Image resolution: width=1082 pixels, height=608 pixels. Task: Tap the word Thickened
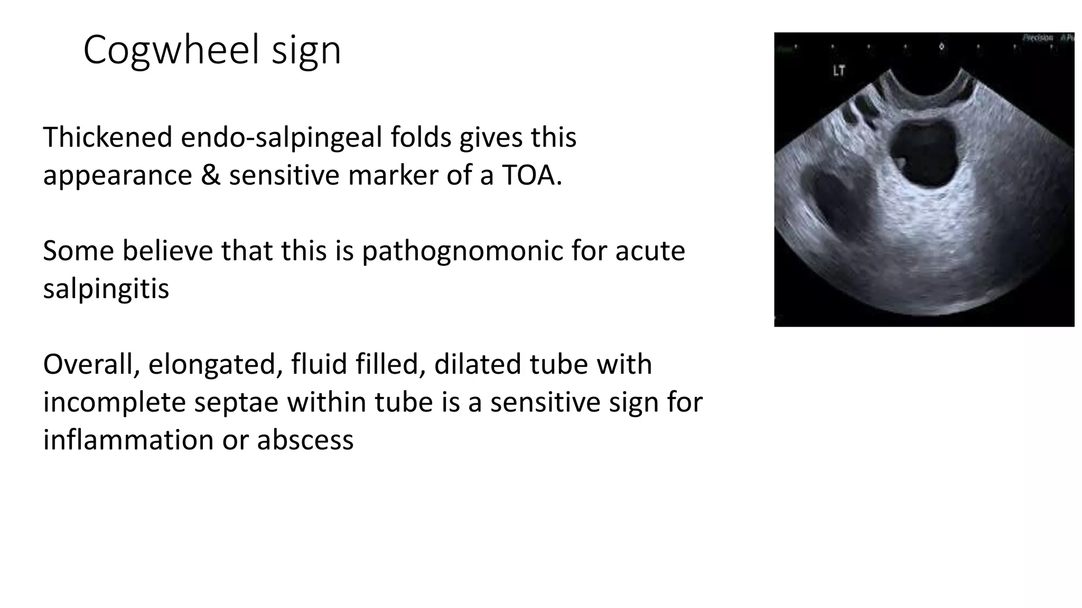pos(108,137)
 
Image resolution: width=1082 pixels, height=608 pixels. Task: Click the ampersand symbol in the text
pos(210,175)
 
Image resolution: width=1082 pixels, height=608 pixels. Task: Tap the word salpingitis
pos(106,289)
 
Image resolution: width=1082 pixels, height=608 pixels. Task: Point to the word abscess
pos(305,440)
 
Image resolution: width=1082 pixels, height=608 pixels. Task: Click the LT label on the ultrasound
pos(838,70)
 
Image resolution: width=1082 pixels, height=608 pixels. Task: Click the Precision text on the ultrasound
pos(1038,37)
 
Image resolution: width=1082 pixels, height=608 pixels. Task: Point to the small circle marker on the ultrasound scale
pos(941,47)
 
